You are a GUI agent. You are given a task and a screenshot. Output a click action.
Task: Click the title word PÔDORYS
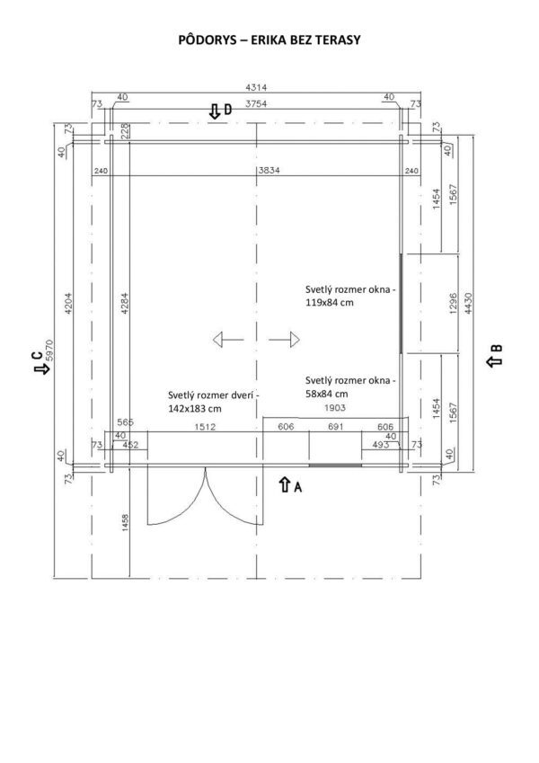(x=208, y=40)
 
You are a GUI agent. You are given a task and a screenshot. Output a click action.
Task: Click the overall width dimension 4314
(x=256, y=87)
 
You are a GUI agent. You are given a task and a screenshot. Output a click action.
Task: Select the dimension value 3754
(x=256, y=103)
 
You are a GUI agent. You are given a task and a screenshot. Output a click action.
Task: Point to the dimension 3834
(x=269, y=171)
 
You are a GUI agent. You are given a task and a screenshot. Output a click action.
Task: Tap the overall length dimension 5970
(x=49, y=350)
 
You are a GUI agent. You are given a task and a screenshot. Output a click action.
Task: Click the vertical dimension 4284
(x=125, y=303)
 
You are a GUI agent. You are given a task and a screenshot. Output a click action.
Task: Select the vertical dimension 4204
(x=68, y=303)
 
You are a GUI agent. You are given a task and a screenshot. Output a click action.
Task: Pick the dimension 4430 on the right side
(x=468, y=303)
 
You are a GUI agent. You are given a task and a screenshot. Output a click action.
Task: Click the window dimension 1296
(x=453, y=303)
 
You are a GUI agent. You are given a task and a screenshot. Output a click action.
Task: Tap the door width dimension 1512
(x=205, y=427)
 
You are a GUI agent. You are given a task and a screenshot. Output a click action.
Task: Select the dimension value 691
(x=336, y=427)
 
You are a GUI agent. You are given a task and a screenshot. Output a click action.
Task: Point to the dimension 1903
(x=335, y=408)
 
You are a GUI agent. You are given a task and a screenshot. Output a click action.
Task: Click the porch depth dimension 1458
(x=126, y=523)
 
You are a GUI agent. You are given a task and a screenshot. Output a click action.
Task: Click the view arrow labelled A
(x=285, y=484)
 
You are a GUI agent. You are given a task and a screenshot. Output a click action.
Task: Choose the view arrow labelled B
(x=495, y=360)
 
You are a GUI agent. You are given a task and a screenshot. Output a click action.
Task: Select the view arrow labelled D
(x=214, y=111)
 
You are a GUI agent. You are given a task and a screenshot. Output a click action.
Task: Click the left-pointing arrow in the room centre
(x=228, y=339)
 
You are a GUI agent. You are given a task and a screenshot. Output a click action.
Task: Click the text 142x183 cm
(x=195, y=409)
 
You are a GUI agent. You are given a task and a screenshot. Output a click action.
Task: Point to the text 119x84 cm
(x=330, y=303)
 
